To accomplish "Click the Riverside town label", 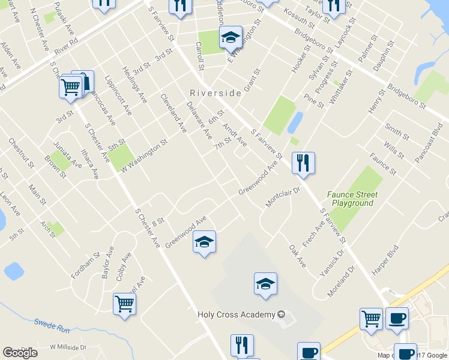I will coord(215,93).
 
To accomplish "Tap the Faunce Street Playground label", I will coord(352,199).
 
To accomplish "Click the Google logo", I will coord(20,353).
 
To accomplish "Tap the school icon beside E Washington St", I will coord(231,38).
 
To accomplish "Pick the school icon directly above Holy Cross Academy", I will coord(265,284).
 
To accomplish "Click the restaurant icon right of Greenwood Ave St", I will coord(303,162).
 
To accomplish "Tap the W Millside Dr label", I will coord(68,347).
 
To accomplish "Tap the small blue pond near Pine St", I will coord(295,122).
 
